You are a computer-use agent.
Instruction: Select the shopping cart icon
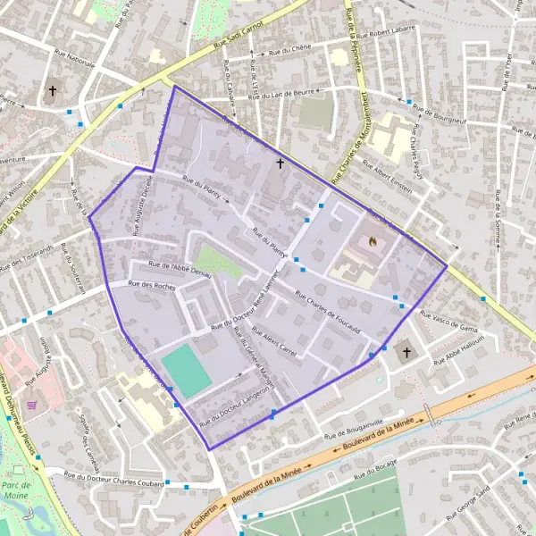point(33,404)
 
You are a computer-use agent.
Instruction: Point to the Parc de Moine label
point(15,490)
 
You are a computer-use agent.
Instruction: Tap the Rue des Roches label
point(152,285)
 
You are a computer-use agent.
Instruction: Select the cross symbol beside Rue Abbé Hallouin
point(406,353)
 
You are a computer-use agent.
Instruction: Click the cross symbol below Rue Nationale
point(53,90)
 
